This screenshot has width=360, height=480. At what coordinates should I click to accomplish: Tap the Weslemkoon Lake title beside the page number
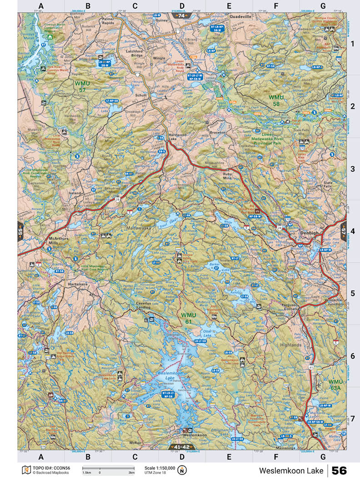click(x=291, y=470)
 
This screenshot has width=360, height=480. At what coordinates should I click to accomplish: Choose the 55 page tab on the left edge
click(x=21, y=231)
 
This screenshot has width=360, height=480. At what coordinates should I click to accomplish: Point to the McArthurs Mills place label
click(x=59, y=240)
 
